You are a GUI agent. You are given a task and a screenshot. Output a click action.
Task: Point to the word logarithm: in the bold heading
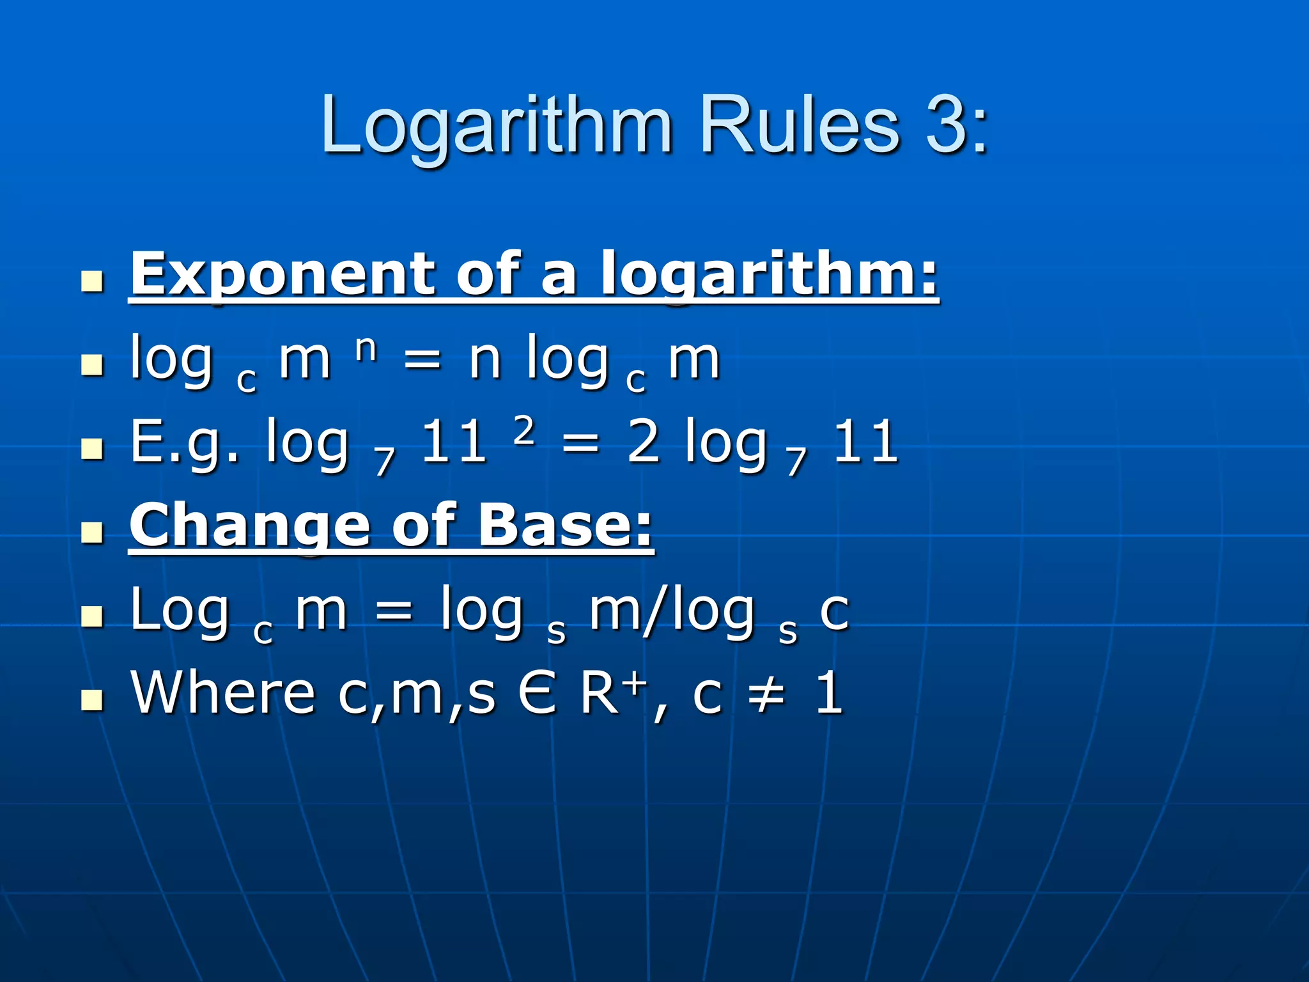tap(770, 275)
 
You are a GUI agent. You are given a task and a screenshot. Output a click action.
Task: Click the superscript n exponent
tap(366, 348)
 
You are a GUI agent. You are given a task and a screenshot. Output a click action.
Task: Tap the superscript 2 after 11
tap(523, 430)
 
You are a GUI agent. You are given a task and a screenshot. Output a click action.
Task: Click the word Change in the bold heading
tap(250, 526)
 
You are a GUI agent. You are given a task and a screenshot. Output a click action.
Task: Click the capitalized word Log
tap(180, 611)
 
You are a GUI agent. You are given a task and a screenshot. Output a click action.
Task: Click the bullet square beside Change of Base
tap(93, 532)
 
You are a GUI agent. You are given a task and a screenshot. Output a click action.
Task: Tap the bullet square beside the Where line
tap(93, 700)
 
